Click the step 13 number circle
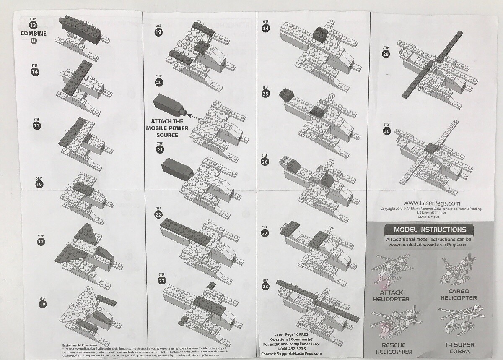point(34,26)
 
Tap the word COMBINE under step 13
point(34,34)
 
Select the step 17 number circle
point(40,242)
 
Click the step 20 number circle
point(159,83)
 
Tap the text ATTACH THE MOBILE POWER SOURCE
point(165,128)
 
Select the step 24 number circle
point(265,28)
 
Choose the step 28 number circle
point(265,287)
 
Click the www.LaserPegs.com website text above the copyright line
point(432,204)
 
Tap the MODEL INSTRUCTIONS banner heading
point(430,230)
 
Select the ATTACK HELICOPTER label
point(391,296)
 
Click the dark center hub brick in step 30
point(431,148)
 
